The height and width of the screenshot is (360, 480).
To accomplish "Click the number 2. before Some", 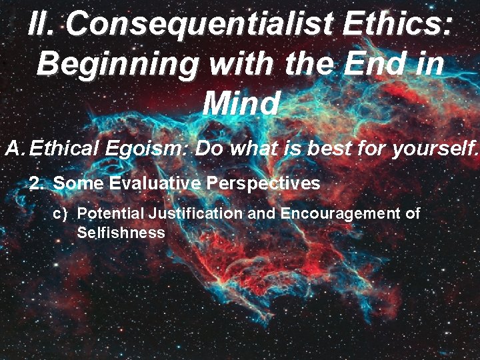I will (37, 183).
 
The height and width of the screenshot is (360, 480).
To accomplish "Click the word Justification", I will (196, 213).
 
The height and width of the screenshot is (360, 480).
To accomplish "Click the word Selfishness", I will (121, 233).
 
